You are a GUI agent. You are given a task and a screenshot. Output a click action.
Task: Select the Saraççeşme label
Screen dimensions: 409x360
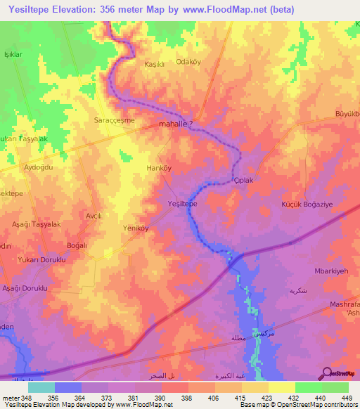[x=115, y=120]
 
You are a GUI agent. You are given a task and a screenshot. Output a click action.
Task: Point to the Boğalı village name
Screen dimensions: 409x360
[x=76, y=245]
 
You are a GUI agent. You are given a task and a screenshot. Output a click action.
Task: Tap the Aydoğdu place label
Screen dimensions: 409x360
[x=39, y=167]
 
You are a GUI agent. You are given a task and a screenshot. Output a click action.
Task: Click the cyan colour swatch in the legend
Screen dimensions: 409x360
[x=41, y=387]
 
